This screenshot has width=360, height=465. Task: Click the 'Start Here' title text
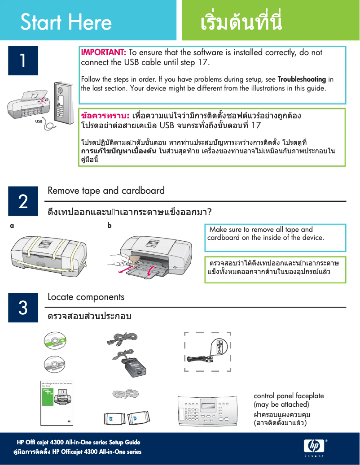tap(66, 22)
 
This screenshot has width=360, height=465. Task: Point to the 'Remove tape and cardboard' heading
tap(106, 191)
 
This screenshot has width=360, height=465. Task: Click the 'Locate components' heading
tap(86, 297)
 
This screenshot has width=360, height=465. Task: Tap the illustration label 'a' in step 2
tap(12, 226)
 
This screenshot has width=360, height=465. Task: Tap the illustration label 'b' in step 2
tap(109, 226)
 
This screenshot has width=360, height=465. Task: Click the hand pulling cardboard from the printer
tap(122, 259)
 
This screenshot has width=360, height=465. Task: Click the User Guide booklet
tap(57, 403)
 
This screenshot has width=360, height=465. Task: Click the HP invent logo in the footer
tap(314, 447)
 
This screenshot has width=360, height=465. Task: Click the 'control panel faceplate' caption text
tap(289, 396)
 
